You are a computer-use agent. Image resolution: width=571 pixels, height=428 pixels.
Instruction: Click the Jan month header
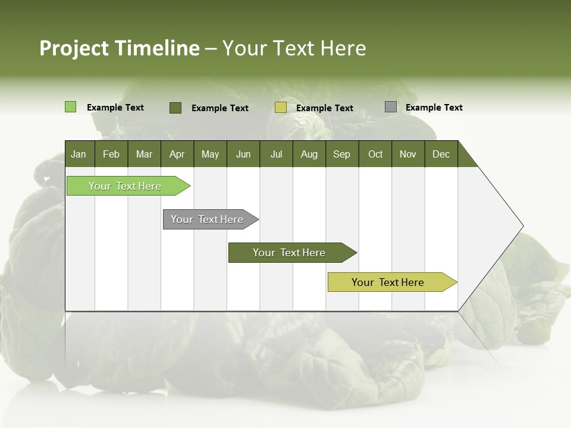[79, 154]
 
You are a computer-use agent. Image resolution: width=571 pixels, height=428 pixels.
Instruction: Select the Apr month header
[177, 154]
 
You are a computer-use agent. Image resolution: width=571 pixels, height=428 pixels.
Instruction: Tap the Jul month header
[276, 154]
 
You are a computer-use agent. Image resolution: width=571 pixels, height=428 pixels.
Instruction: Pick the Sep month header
[341, 154]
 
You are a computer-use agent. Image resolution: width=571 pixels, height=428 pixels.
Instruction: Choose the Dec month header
[441, 154]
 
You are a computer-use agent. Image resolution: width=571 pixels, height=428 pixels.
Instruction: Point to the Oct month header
[375, 154]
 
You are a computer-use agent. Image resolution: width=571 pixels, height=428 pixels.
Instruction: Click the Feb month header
[111, 154]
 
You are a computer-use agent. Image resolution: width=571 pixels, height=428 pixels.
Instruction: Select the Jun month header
[243, 154]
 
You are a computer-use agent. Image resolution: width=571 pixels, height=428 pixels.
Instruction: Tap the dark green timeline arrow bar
[290, 253]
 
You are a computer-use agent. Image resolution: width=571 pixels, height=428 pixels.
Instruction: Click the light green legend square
[70, 107]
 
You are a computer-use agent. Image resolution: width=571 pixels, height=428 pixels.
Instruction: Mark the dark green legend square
[175, 108]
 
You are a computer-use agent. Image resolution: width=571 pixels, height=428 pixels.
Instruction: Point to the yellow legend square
[281, 108]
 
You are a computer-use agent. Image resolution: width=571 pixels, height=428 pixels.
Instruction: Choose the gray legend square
[391, 107]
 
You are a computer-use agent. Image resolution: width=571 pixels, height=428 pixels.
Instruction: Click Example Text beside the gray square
[434, 108]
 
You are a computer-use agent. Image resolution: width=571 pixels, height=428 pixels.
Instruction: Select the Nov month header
[408, 154]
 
